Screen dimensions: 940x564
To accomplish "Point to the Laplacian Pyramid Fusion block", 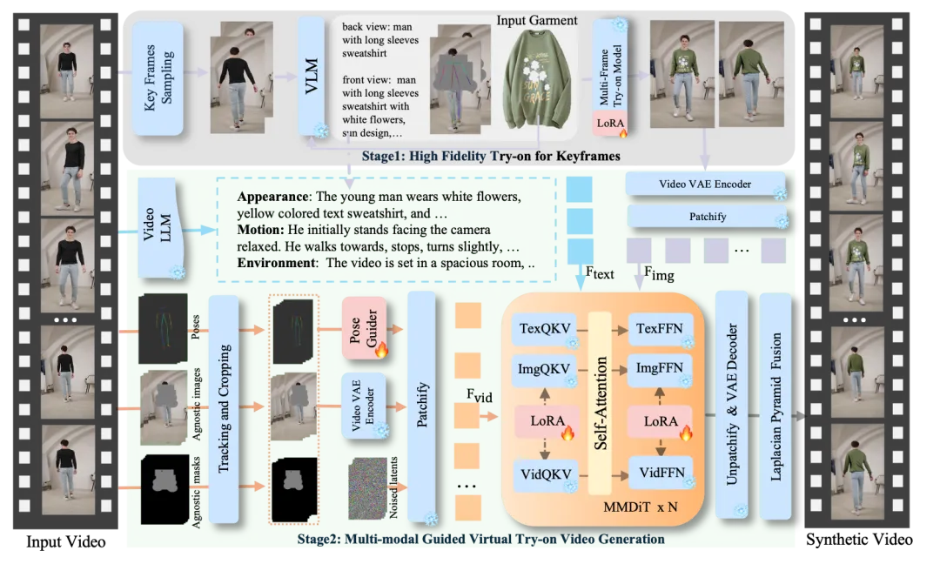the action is click(x=775, y=406).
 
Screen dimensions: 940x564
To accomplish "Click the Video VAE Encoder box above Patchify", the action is click(x=706, y=184).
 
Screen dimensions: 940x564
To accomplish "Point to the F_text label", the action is click(x=599, y=274).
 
